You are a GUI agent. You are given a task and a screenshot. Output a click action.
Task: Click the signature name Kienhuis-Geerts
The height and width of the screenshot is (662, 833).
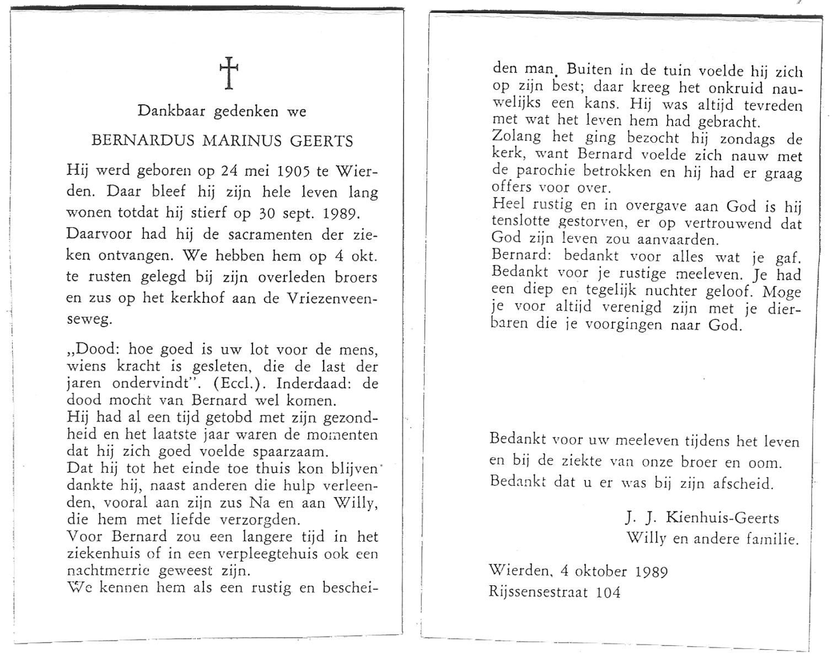[723, 517]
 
